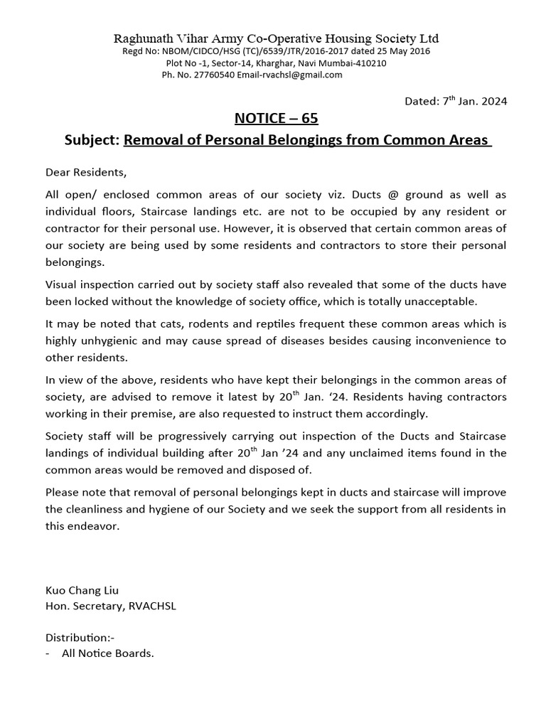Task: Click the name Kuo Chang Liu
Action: click(82, 590)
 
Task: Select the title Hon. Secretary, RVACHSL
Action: click(111, 606)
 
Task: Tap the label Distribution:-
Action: click(80, 638)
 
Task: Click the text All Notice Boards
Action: click(107, 653)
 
